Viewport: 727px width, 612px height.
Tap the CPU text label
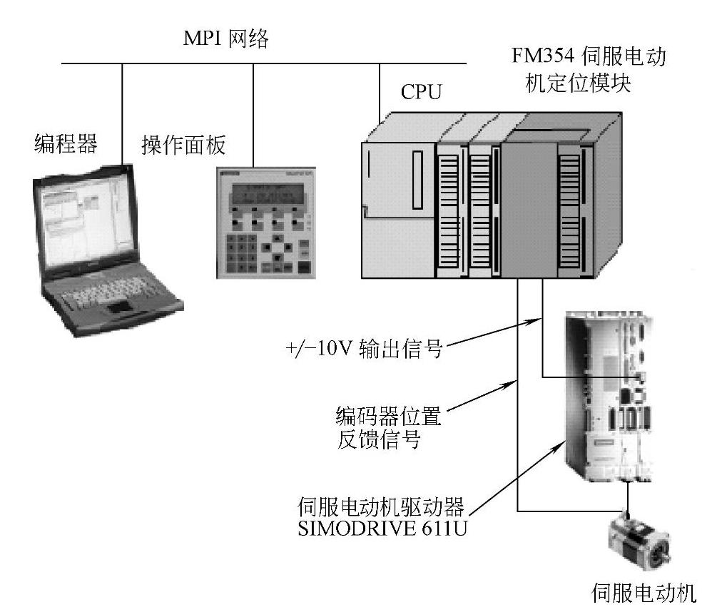(x=421, y=93)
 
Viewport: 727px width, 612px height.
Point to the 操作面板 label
(x=183, y=146)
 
